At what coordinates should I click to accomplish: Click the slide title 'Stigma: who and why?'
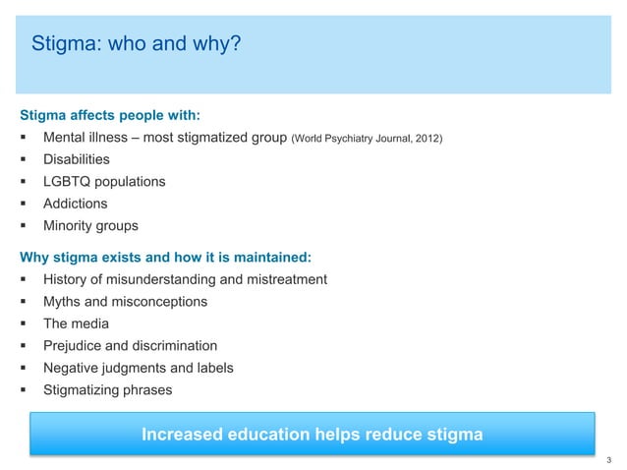coord(135,44)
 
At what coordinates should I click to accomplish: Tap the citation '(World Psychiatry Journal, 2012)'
coord(367,137)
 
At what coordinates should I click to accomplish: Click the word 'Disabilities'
coord(77,158)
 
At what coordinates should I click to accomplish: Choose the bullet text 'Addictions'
coord(76,204)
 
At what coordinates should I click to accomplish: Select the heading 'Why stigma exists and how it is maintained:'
coord(165,258)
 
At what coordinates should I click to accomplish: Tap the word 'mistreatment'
coord(284,280)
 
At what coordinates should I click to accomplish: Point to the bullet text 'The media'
coord(76,323)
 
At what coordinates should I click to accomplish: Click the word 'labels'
coord(213,368)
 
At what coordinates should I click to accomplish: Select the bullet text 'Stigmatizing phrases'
coord(107,390)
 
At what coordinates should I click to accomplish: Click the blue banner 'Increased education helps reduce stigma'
coord(313,435)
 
